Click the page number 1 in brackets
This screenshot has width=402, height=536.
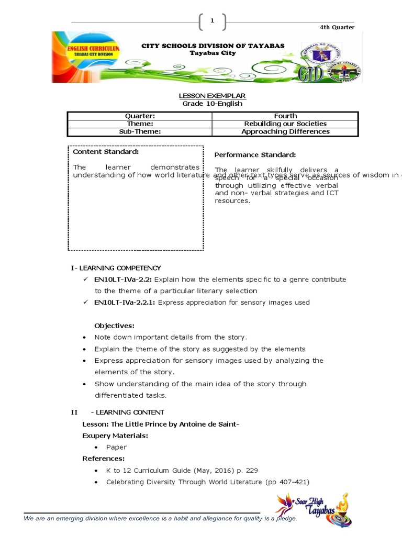pyautogui.click(x=212, y=21)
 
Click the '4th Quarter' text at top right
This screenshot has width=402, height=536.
pyautogui.click(x=337, y=27)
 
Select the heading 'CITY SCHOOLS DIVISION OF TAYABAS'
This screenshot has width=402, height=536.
pyautogui.click(x=213, y=46)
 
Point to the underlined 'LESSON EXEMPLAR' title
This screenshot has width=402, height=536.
pyautogui.click(x=212, y=96)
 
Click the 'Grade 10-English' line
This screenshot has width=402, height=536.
pyautogui.click(x=212, y=104)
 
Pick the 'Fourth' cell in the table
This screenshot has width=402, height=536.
pyautogui.click(x=285, y=116)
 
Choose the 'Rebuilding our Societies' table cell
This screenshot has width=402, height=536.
pyautogui.click(x=285, y=124)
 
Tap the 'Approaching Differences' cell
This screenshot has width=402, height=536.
pyautogui.click(x=285, y=131)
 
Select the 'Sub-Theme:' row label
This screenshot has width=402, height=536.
pyautogui.click(x=140, y=131)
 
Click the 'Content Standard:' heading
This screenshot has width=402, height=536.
pyautogui.click(x=106, y=152)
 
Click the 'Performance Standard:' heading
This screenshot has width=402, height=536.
pyautogui.click(x=255, y=155)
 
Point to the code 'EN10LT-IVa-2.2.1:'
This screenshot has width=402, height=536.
pyautogui.click(x=125, y=302)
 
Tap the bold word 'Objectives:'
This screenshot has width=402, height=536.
pyautogui.click(x=114, y=326)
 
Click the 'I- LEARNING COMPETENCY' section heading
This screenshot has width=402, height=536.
pyautogui.click(x=116, y=268)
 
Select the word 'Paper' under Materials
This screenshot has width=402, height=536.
pyautogui.click(x=116, y=447)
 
